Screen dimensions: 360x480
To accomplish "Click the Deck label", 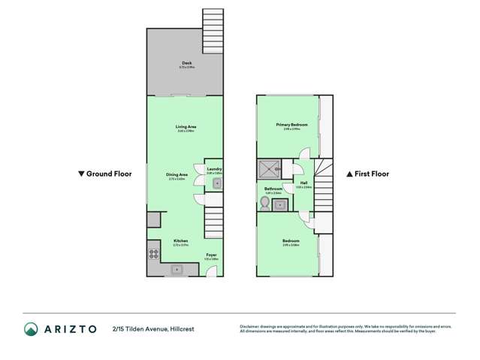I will tap(186, 63).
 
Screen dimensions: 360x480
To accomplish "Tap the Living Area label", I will tap(186, 128).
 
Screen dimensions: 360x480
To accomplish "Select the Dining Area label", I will tap(177, 175).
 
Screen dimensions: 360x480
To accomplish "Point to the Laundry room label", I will tap(214, 170).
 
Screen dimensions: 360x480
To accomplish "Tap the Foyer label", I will tap(213, 255).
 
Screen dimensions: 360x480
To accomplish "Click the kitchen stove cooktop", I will tap(154, 254).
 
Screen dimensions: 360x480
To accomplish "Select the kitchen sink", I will tap(177, 268).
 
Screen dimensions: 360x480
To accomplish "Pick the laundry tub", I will tap(216, 183).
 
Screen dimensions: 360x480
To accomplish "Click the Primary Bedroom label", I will tap(288, 125).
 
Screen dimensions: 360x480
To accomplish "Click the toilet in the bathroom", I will tap(264, 202).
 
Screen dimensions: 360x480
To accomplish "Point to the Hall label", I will tap(303, 183).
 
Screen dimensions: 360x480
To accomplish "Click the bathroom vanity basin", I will tap(279, 204).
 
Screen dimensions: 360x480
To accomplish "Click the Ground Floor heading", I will tap(106, 174).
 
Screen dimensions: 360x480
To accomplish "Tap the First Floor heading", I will tap(367, 174).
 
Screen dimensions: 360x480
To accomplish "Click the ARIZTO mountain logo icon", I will tap(31, 328).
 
